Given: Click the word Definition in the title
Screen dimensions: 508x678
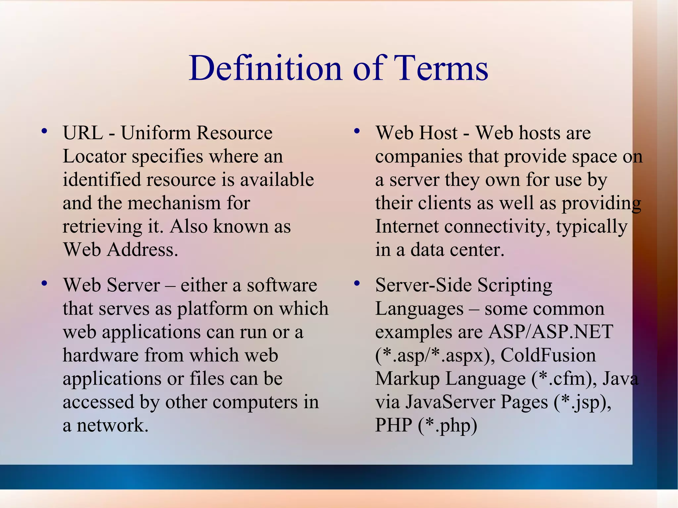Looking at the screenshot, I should coord(265,68).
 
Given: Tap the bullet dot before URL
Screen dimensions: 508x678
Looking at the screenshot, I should coord(44,131).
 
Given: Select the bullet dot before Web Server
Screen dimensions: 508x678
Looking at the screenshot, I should coord(44,284).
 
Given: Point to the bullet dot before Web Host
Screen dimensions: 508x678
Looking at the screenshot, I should coord(357,131).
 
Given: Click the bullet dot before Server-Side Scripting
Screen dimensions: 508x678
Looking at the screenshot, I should coord(357,284).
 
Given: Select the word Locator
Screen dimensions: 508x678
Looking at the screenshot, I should coord(94,157).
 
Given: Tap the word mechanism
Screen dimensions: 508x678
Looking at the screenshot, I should coord(174,203).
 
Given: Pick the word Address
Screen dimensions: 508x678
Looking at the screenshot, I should coord(142,250).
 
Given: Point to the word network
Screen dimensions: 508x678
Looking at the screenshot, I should coord(112,426).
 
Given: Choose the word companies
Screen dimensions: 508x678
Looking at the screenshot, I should coord(419,157).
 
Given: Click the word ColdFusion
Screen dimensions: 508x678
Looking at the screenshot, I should coord(548,355).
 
